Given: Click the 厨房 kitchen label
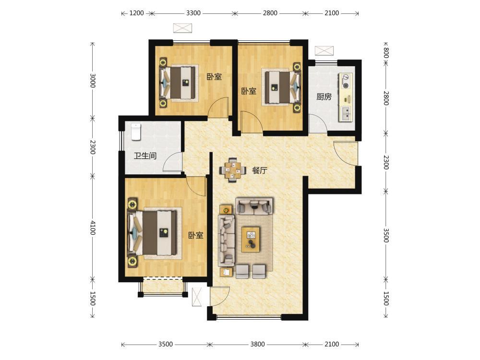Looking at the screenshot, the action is click(x=324, y=97).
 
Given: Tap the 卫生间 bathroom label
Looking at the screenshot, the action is click(x=145, y=156).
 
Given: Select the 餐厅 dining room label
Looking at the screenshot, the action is click(x=260, y=170).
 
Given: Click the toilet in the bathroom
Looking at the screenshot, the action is click(x=136, y=132).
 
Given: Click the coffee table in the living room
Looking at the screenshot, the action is click(x=251, y=240).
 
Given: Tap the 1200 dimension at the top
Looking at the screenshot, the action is click(x=136, y=13).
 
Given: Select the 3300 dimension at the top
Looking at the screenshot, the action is click(x=193, y=13).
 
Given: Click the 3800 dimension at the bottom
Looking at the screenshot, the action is click(x=257, y=344).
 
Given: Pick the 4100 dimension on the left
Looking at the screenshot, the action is click(x=93, y=228).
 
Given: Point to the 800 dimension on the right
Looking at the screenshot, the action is click(x=386, y=53).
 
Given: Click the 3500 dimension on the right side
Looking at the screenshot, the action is click(x=386, y=235).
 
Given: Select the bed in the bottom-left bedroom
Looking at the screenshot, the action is click(x=153, y=233).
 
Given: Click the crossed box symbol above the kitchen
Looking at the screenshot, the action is click(x=324, y=50).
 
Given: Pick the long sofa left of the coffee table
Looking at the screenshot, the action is click(x=226, y=240).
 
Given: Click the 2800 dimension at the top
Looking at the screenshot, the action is click(x=270, y=13).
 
